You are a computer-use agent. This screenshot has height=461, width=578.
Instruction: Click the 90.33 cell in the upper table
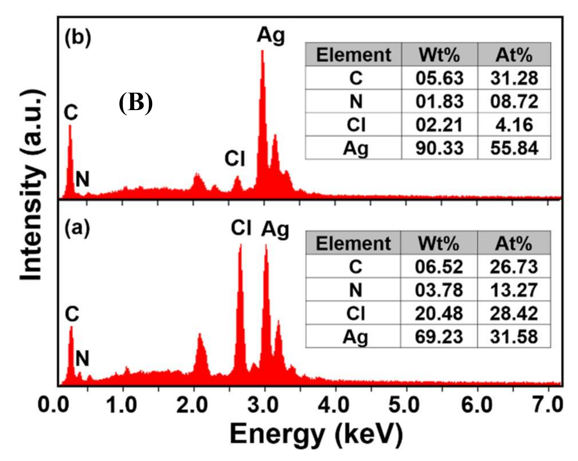[x=440, y=148]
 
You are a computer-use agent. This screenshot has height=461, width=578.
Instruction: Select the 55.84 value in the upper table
[x=514, y=148]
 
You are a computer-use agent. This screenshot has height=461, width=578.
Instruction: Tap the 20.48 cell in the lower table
[x=439, y=313]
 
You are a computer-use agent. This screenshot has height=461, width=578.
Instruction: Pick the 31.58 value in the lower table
[x=514, y=337]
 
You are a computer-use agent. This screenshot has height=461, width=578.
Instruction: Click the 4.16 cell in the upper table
[x=514, y=125]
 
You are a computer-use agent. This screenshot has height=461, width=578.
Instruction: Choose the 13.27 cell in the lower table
[x=514, y=290]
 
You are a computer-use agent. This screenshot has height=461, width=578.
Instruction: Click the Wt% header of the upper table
[x=440, y=55]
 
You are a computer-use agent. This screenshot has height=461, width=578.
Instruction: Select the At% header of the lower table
[x=514, y=243]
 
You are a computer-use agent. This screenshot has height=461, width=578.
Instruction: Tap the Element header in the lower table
[x=353, y=243]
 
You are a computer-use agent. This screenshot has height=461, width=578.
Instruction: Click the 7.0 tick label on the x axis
[x=548, y=405]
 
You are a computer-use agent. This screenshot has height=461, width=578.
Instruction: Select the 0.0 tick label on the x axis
[x=53, y=405]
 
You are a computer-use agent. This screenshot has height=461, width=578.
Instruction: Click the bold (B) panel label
[x=136, y=102]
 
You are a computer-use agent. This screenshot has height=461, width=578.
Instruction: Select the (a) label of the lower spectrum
[x=77, y=228]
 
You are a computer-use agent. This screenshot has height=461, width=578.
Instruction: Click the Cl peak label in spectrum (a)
[x=241, y=228]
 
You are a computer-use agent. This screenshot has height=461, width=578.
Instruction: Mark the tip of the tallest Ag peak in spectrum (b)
[x=262, y=51]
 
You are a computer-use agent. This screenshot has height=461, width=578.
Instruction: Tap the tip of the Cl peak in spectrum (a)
[x=240, y=245]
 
